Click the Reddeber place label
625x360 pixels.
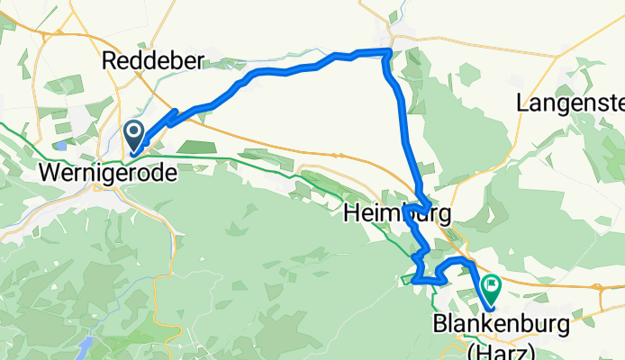pyautogui.click(x=155, y=61)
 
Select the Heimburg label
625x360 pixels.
pyautogui.click(x=396, y=214)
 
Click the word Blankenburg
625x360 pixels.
pyautogui.click(x=502, y=323)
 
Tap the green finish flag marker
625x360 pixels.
pyautogui.click(x=492, y=289)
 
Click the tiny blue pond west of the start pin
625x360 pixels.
pyautogui.click(x=60, y=144)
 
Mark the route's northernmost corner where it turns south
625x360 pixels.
pyautogui.click(x=388, y=51)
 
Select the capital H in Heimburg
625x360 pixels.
pyautogui.click(x=353, y=214)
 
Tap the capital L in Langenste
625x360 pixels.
pyautogui.click(x=523, y=103)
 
